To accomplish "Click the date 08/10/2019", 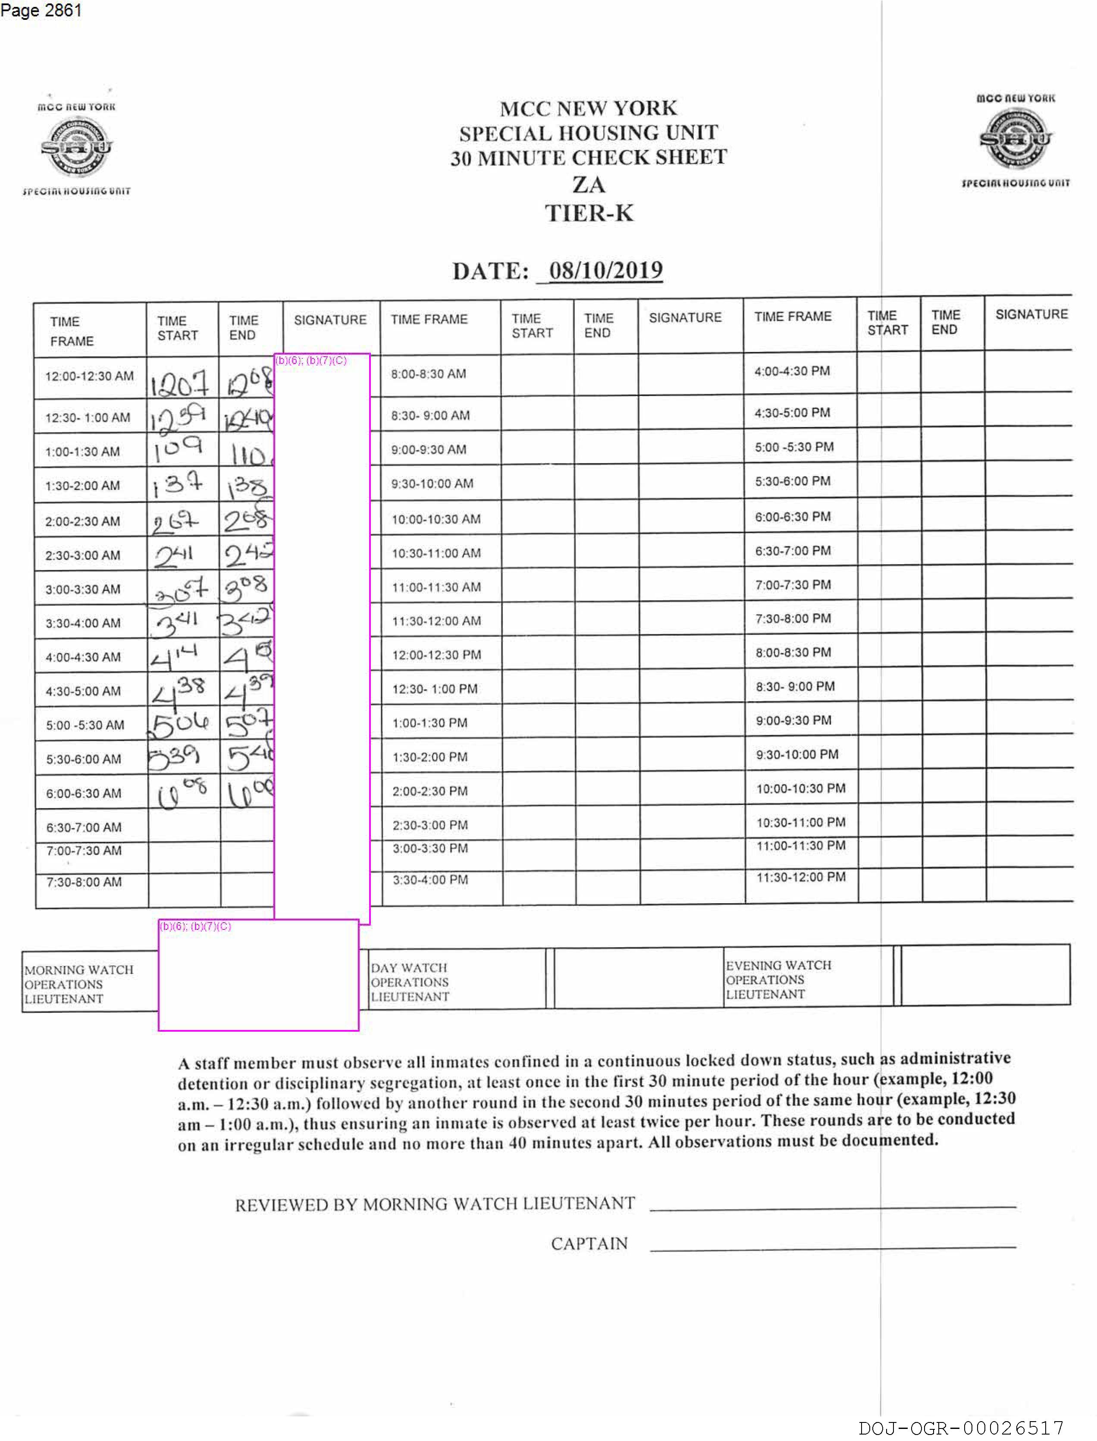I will pos(605,270).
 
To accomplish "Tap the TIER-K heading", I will pos(589,213).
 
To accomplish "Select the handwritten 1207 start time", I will pos(179,383).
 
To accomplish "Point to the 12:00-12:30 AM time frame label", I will pos(89,376).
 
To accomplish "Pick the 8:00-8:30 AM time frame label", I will pos(428,374).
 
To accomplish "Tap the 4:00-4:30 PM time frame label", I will pos(792,371).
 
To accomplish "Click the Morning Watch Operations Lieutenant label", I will pos(78,984).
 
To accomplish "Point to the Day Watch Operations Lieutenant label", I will pos(409,982).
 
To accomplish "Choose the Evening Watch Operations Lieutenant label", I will pos(778,979).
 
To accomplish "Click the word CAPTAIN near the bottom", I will pos(589,1243).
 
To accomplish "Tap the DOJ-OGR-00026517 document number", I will pos(961,1428).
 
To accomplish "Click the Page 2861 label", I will pos(41,10).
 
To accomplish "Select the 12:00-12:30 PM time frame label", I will pos(436,655).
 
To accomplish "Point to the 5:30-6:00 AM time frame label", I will pos(84,759).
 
